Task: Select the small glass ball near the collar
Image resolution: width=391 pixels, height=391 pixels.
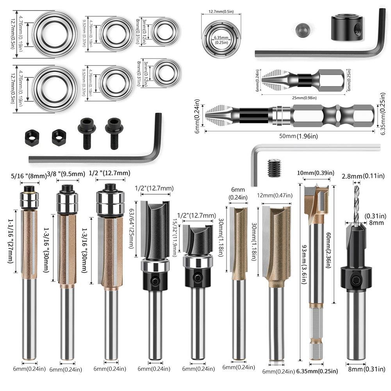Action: click(302, 30)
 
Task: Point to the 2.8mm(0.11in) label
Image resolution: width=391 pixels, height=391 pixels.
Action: click(358, 177)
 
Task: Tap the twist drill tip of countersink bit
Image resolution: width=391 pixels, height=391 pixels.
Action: click(356, 203)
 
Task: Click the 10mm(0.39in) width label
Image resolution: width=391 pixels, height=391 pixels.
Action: click(316, 173)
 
